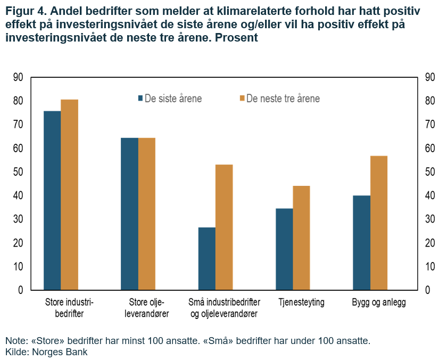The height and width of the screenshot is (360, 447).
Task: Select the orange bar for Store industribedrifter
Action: (x=69, y=195)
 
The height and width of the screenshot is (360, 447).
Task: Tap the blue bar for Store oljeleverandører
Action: (x=129, y=214)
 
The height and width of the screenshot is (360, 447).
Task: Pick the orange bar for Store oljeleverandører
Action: (x=147, y=214)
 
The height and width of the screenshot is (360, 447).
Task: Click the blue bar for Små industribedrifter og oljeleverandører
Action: (x=207, y=258)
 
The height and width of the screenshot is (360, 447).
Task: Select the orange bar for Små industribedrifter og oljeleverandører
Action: (x=224, y=227)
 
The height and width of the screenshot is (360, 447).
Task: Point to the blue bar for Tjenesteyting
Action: (x=284, y=249)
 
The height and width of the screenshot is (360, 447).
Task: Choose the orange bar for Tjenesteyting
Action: (x=301, y=238)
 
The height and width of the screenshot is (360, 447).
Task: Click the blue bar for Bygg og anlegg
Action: (x=362, y=243)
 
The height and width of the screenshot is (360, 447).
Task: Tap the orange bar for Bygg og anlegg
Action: (x=379, y=223)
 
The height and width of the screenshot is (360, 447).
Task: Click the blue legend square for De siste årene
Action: (x=141, y=99)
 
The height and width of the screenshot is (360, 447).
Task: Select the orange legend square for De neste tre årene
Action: (x=243, y=99)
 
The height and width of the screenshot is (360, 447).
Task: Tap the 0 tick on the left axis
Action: (x=21, y=290)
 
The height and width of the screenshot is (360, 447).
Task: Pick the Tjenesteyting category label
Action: (x=301, y=303)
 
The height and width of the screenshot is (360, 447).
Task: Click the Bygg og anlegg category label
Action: (x=379, y=303)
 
